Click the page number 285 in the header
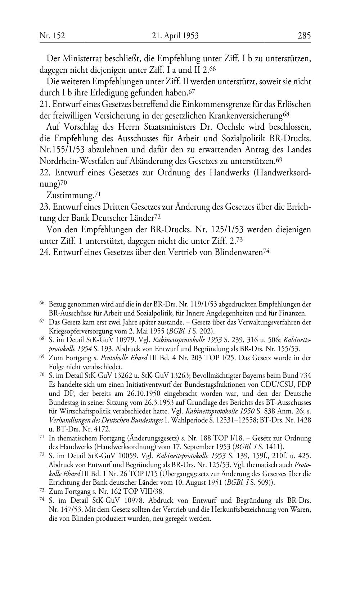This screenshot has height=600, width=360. (x=304, y=35)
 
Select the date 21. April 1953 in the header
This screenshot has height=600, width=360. (x=175, y=35)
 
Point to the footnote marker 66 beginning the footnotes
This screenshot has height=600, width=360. (x=42, y=303)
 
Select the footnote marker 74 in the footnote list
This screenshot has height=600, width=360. (x=42, y=500)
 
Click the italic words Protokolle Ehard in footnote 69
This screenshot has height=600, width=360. (x=124, y=358)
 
